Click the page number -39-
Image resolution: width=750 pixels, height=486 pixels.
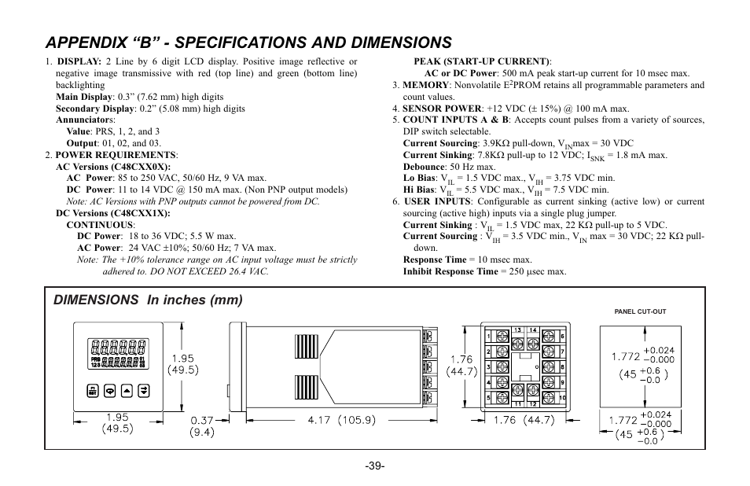click(x=375, y=466)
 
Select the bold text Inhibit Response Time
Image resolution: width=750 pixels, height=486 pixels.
click(x=450, y=271)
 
